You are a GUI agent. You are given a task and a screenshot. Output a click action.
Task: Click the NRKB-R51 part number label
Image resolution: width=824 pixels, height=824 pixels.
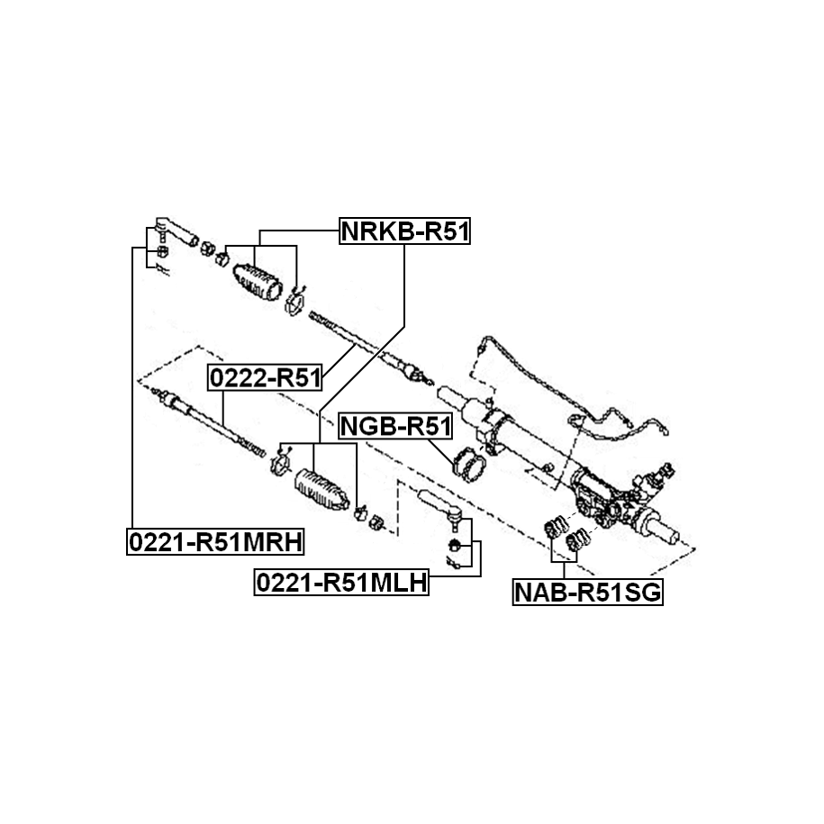405,232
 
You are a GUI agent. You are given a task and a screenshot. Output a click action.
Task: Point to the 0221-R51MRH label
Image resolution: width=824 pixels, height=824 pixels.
215,541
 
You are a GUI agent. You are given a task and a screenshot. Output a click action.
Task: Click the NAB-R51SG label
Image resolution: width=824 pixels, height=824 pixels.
588,593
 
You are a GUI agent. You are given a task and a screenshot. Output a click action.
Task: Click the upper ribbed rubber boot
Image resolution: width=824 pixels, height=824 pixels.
258,282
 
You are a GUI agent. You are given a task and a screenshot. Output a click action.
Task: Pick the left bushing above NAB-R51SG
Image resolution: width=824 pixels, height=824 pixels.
557,528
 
